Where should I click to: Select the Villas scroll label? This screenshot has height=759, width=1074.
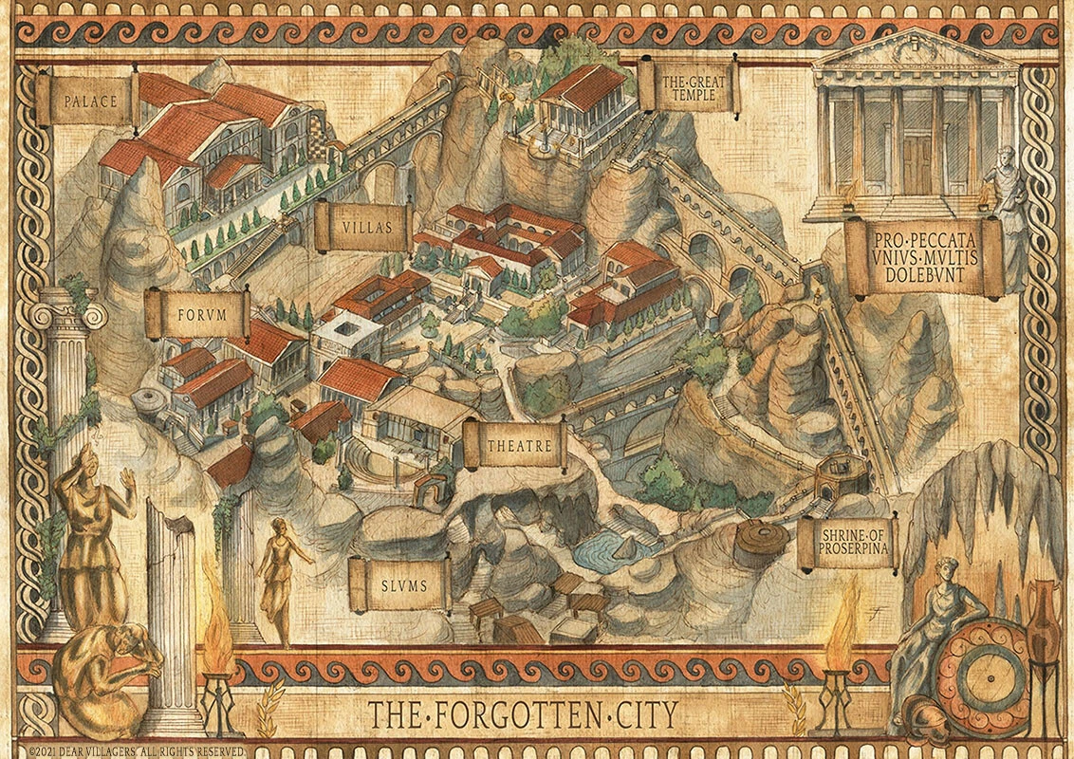(363, 228)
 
